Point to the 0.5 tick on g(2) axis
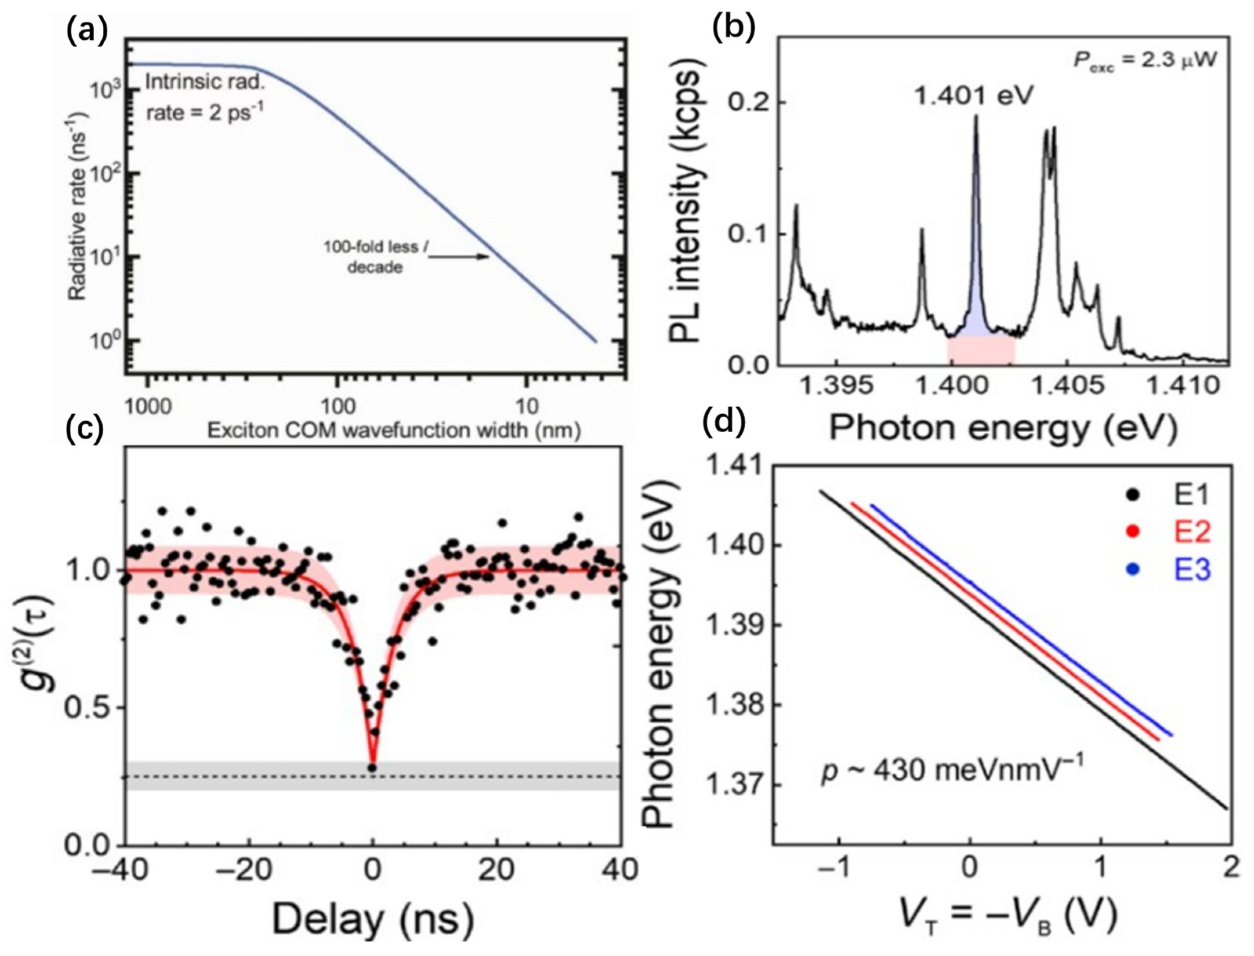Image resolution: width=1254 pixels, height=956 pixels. pyautogui.click(x=90, y=708)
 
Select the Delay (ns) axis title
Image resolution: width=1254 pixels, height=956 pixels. pyautogui.click(x=372, y=920)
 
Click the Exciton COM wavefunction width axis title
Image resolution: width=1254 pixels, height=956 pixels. pyautogui.click(x=394, y=431)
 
